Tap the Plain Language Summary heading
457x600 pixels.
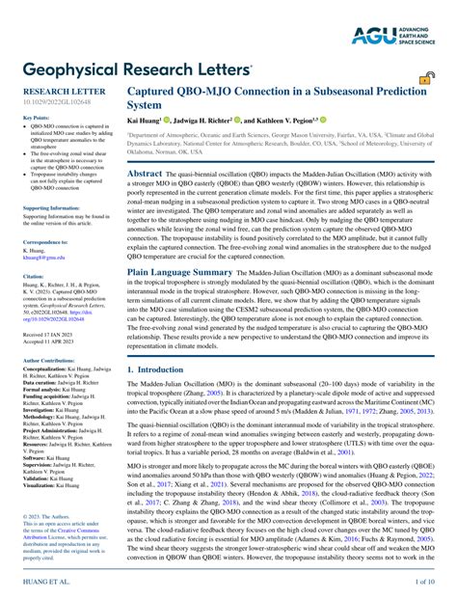(x=179, y=273)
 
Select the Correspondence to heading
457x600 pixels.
(x=45, y=242)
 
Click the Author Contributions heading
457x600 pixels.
(x=52, y=360)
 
